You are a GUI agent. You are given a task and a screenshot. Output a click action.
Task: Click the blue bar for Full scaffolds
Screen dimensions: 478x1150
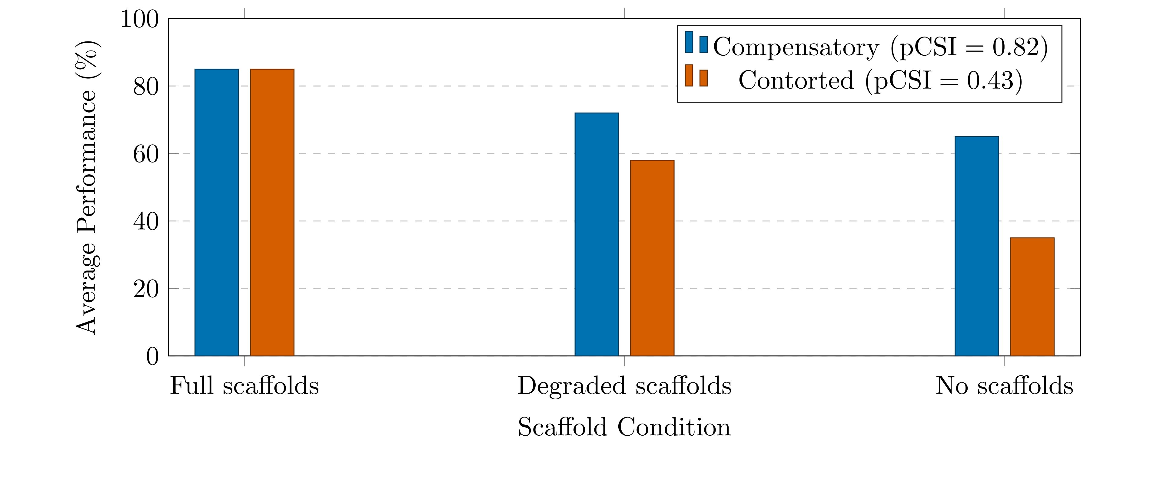coord(217,212)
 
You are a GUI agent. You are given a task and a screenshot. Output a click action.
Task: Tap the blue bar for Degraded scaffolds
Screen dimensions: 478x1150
coord(597,234)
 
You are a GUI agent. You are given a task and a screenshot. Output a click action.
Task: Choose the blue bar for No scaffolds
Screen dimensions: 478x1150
coord(976,246)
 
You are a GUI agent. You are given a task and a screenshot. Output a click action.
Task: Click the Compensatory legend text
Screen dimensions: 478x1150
coord(880,47)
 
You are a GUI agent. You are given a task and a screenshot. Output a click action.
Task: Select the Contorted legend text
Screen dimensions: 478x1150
coord(880,81)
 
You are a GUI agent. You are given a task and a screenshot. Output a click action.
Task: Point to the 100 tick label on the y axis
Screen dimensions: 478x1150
coord(140,20)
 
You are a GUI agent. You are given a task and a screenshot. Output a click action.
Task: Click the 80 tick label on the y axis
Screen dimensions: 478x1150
coord(146,87)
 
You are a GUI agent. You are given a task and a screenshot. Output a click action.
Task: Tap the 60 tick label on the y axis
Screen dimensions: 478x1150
coord(146,154)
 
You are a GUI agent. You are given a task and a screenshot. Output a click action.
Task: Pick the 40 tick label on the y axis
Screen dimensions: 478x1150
coord(146,222)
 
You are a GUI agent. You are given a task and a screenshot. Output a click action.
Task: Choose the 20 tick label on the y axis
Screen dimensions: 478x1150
coord(146,290)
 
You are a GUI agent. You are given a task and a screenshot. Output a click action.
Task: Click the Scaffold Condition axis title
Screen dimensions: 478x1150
coord(624,427)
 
